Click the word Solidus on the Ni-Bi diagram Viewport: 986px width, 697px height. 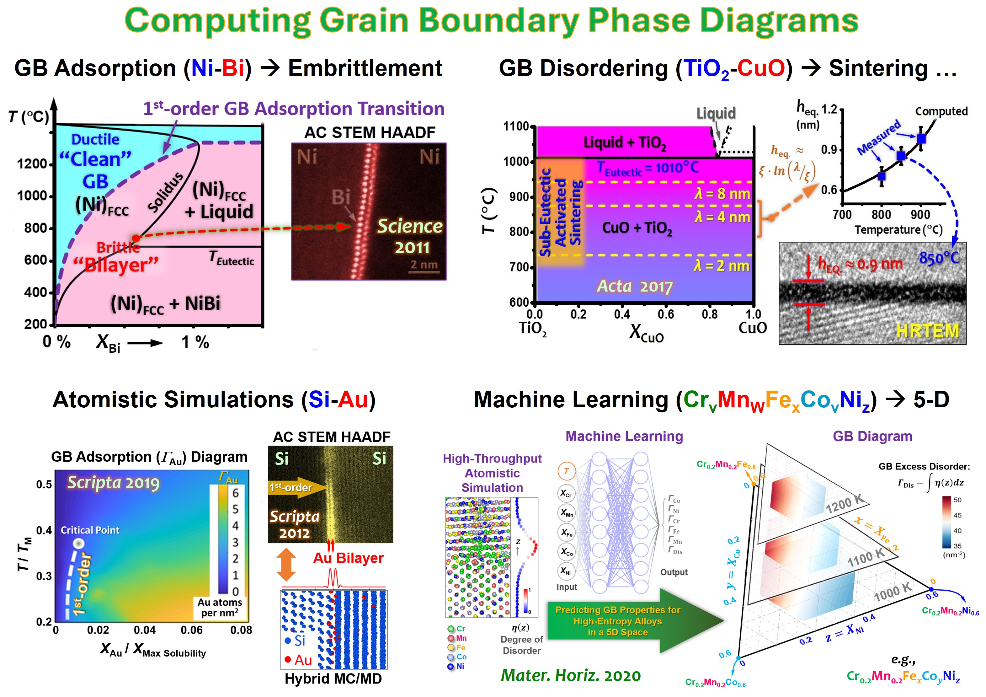coord(165,192)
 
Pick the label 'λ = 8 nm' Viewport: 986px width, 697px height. coord(722,194)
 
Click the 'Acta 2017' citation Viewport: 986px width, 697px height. coord(635,286)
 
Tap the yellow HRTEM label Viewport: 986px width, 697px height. coord(928,331)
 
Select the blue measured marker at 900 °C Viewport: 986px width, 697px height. coord(921,138)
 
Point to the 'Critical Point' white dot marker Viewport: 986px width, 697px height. coord(79,543)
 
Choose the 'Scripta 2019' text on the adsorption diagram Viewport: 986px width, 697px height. coord(113,483)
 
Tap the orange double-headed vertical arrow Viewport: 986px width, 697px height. coord(286,565)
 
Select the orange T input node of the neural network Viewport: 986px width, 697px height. coord(566,471)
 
